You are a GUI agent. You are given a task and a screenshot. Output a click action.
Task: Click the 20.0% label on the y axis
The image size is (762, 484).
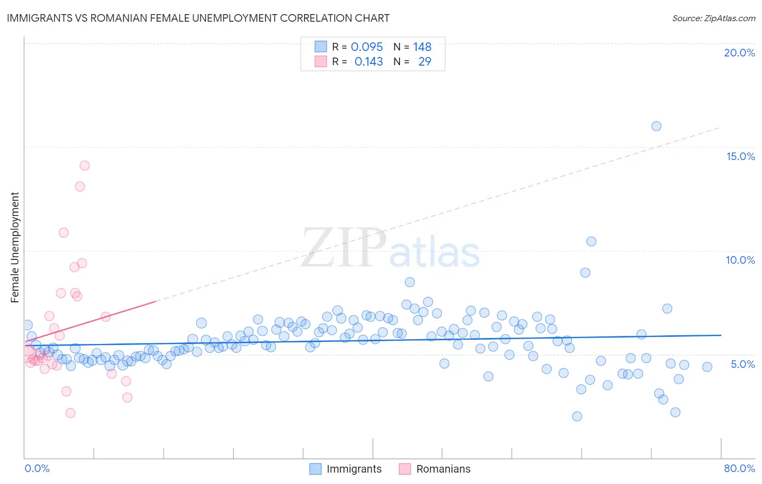click(739, 53)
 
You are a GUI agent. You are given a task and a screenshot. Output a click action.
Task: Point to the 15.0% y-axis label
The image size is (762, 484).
click(740, 156)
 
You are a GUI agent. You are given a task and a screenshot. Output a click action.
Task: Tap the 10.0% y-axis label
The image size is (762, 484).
click(740, 260)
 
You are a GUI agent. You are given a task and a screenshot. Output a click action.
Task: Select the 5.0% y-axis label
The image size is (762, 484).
click(742, 364)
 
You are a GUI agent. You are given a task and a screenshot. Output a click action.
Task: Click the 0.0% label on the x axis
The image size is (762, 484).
click(37, 468)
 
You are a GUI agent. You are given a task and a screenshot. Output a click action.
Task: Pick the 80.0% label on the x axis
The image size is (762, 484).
click(739, 468)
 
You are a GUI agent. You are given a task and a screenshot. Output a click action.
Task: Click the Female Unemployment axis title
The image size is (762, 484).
click(15, 247)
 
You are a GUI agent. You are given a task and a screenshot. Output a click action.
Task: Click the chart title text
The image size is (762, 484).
click(198, 18)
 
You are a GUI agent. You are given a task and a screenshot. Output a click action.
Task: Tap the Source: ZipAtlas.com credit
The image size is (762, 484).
click(713, 18)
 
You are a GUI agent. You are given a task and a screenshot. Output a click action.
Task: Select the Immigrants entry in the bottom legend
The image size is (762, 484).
click(354, 469)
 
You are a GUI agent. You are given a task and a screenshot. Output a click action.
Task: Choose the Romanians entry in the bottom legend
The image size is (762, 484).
click(443, 469)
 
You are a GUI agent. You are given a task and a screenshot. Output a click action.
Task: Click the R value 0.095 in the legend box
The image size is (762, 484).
click(367, 47)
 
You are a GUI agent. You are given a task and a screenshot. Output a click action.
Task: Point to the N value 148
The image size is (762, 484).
click(422, 47)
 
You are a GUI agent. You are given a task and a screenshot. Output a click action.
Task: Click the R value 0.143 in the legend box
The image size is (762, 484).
click(369, 62)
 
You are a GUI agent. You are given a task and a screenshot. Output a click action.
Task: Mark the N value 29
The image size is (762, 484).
click(424, 62)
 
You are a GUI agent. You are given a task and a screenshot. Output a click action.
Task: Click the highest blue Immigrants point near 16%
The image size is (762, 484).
click(656, 126)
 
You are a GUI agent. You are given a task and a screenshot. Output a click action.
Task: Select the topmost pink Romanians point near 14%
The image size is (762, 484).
click(85, 165)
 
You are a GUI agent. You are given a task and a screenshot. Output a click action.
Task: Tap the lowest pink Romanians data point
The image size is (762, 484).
click(70, 413)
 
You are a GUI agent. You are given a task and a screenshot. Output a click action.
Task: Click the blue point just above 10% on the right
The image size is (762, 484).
click(591, 241)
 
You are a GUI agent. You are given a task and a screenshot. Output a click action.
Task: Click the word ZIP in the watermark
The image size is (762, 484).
click(344, 248)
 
